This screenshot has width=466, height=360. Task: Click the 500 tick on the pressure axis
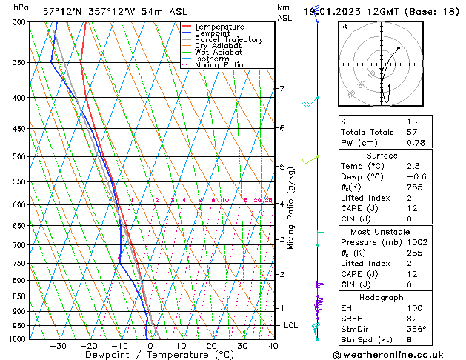pyautogui.click(x=20, y=157)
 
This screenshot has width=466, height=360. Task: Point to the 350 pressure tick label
pyautogui.click(x=20, y=63)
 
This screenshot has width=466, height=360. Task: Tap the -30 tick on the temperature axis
pyautogui.click(x=58, y=346)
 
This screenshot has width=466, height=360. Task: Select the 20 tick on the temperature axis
pyautogui.click(x=212, y=346)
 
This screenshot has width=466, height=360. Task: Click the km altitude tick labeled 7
pyautogui.click(x=282, y=89)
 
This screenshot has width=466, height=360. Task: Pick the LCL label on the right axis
pyautogui.click(x=291, y=325)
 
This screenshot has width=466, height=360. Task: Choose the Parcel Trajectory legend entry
pyautogui.click(x=228, y=40)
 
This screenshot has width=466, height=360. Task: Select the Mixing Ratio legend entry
pyautogui.click(x=219, y=65)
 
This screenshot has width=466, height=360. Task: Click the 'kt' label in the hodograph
pyautogui.click(x=344, y=27)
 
